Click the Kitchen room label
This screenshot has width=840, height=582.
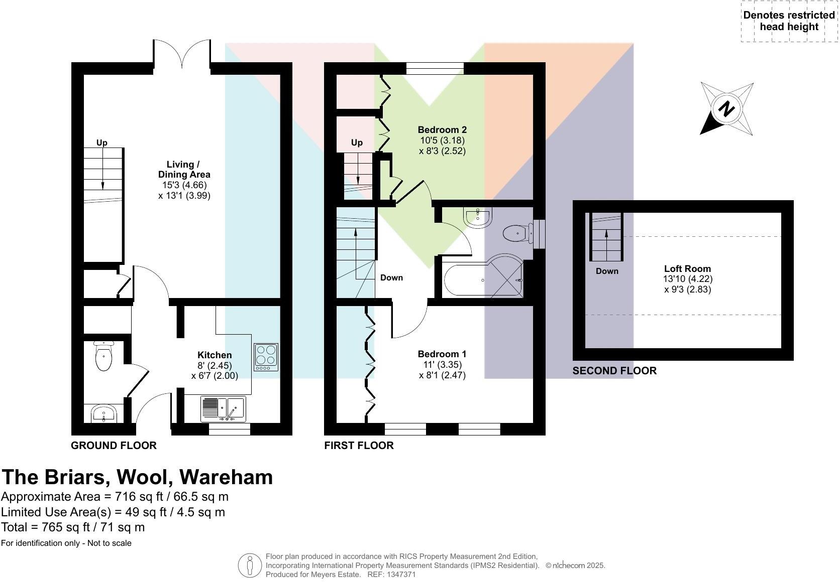[215, 355]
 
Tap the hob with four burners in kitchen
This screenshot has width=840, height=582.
[266, 357]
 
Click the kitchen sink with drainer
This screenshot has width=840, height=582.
[223, 408]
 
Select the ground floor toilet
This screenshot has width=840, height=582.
[104, 356]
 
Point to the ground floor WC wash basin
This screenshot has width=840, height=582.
[104, 414]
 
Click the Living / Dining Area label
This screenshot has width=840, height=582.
[184, 170]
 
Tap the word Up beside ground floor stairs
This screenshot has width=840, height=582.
[102, 143]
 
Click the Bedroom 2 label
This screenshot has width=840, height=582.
[442, 130]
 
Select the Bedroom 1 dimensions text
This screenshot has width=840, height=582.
[442, 370]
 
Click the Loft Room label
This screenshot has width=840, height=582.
[687, 269]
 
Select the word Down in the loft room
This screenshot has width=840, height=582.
[607, 271]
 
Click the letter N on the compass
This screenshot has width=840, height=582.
[726, 109]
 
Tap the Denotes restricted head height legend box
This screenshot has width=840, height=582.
[789, 22]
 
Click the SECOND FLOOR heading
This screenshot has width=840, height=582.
[614, 371]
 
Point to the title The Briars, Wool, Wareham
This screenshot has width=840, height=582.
[137, 477]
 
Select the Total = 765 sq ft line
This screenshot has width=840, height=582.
[73, 527]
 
